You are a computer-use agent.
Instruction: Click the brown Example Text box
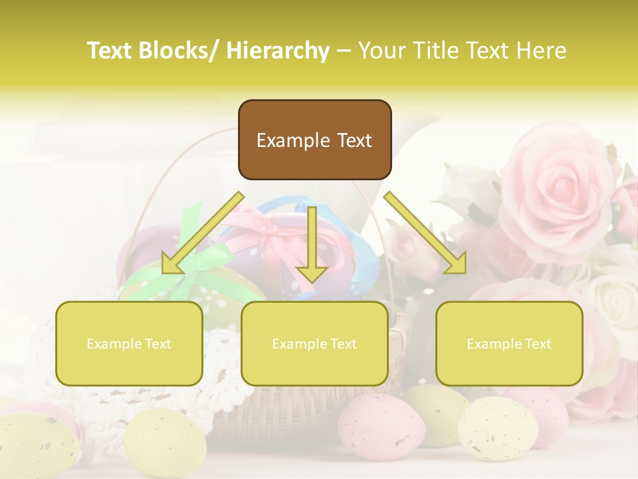click(314, 140)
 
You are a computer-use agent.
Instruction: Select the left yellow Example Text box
click(129, 343)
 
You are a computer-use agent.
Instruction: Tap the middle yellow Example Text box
click(314, 343)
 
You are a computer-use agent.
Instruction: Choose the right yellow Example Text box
click(509, 343)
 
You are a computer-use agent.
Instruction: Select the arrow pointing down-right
click(426, 234)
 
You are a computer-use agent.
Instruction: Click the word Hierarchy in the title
click(278, 51)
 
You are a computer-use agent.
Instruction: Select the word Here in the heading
click(542, 51)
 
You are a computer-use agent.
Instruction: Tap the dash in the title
click(344, 51)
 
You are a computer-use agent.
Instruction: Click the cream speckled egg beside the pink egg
click(497, 428)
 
